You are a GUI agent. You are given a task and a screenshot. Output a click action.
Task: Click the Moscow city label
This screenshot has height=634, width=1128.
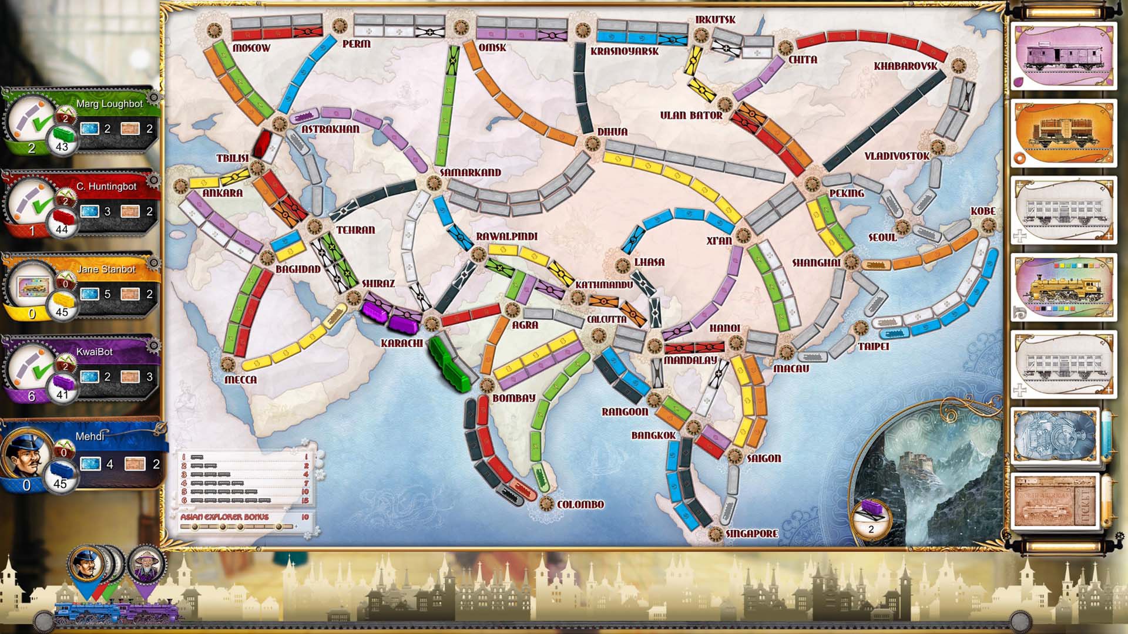click(x=251, y=48)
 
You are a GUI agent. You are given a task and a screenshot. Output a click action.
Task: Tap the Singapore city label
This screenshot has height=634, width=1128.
click(x=751, y=534)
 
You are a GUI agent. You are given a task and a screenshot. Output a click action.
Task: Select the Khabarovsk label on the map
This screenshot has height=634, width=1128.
click(x=905, y=66)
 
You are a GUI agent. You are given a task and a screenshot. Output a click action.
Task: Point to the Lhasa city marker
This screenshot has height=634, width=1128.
click(x=623, y=265)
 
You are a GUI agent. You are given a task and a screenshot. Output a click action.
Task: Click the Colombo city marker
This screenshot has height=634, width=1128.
click(x=546, y=504)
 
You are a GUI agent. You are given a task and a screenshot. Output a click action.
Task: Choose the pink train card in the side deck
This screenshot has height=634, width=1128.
click(x=1063, y=56)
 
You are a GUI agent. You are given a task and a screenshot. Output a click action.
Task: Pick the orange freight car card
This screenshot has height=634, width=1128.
click(x=1063, y=133)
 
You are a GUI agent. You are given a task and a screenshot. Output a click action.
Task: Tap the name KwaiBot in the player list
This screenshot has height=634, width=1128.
click(x=94, y=352)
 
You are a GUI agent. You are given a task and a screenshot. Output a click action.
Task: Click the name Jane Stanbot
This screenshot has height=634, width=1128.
click(x=106, y=269)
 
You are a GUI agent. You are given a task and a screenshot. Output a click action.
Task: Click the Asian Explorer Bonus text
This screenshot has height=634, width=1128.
click(x=224, y=517)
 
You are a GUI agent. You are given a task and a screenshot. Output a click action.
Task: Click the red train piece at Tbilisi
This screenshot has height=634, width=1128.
click(x=262, y=143)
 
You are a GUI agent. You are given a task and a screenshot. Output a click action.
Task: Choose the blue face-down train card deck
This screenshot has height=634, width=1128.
click(x=1055, y=435)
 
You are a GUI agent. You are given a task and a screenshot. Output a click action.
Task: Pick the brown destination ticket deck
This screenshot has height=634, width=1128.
click(x=1055, y=501)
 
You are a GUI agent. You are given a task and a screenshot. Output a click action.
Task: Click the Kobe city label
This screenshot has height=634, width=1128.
click(x=983, y=211)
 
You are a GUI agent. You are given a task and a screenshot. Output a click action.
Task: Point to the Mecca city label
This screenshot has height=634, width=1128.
click(x=241, y=380)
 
